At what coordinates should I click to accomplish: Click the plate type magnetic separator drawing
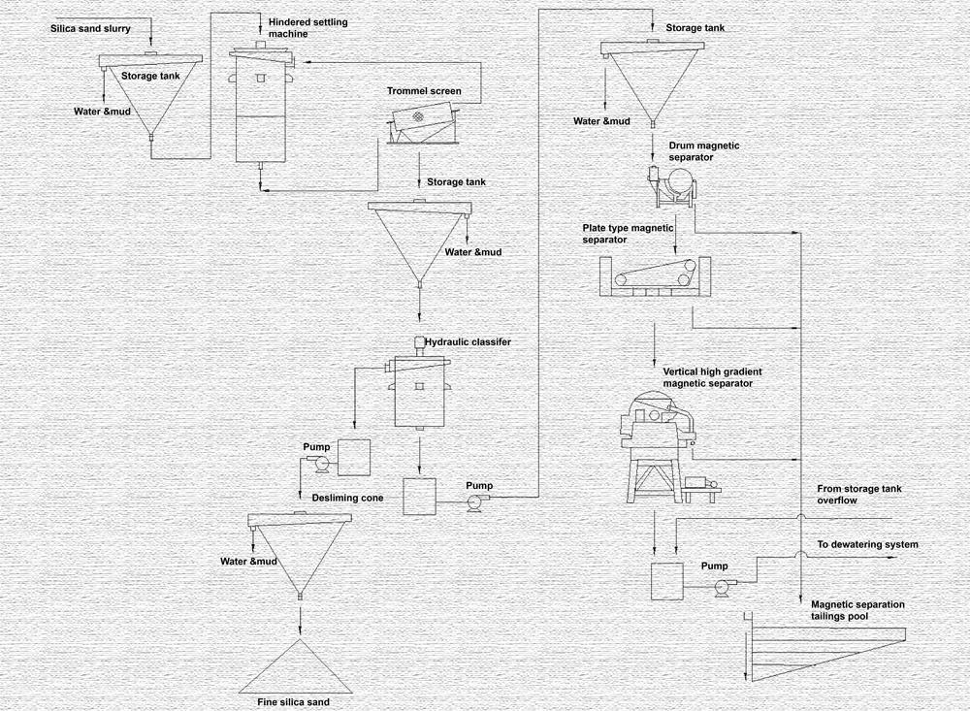coord(655,276)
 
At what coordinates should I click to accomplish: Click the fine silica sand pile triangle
coord(299,664)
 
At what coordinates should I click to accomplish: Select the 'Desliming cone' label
coord(347,498)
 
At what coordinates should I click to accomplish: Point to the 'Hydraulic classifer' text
coord(468,342)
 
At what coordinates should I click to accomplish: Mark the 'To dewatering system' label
coord(867,545)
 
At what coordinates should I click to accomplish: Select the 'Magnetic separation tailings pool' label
coord(857,609)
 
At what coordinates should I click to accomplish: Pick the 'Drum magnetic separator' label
coord(704,150)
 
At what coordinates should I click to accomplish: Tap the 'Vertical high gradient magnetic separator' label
coord(708,377)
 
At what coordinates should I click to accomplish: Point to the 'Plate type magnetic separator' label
coord(628,233)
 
